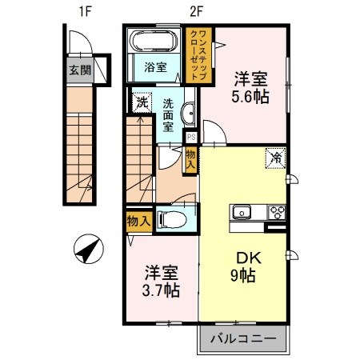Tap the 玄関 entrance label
(79, 70)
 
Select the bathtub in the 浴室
(155, 41)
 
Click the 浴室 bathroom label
(155, 67)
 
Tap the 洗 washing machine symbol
(142, 102)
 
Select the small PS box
(190, 135)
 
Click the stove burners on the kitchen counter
(278, 213)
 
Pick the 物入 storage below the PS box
(190, 157)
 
